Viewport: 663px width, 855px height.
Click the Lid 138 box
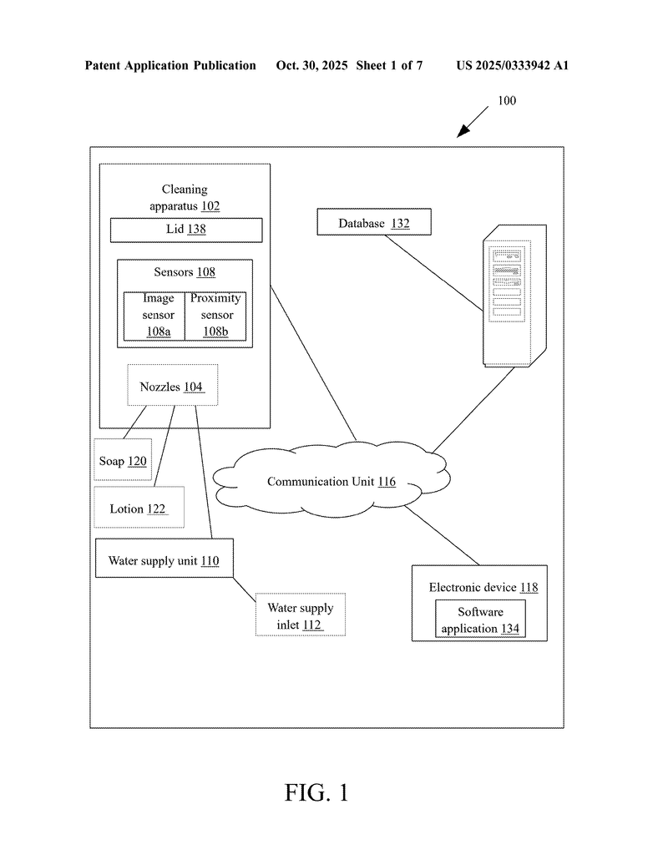click(186, 230)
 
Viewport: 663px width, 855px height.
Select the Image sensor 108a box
click(154, 316)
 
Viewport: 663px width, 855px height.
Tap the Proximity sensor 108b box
click(215, 316)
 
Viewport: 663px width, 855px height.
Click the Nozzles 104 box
click(171, 385)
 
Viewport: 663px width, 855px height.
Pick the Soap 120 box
click(123, 460)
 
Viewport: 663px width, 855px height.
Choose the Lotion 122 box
click(139, 508)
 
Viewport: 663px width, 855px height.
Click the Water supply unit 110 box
click(164, 559)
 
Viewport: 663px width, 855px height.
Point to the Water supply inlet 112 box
click(299, 615)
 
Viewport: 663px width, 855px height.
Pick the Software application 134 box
click(480, 620)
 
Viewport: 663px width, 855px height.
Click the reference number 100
click(507, 101)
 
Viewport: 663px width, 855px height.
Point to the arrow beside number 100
click(473, 122)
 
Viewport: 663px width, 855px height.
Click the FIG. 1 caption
click(316, 792)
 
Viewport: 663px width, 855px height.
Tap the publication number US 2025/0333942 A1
click(512, 65)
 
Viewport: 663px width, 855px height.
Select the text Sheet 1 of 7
click(389, 65)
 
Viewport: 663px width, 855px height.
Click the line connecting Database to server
click(434, 273)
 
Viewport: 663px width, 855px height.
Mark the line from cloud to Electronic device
click(443, 535)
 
